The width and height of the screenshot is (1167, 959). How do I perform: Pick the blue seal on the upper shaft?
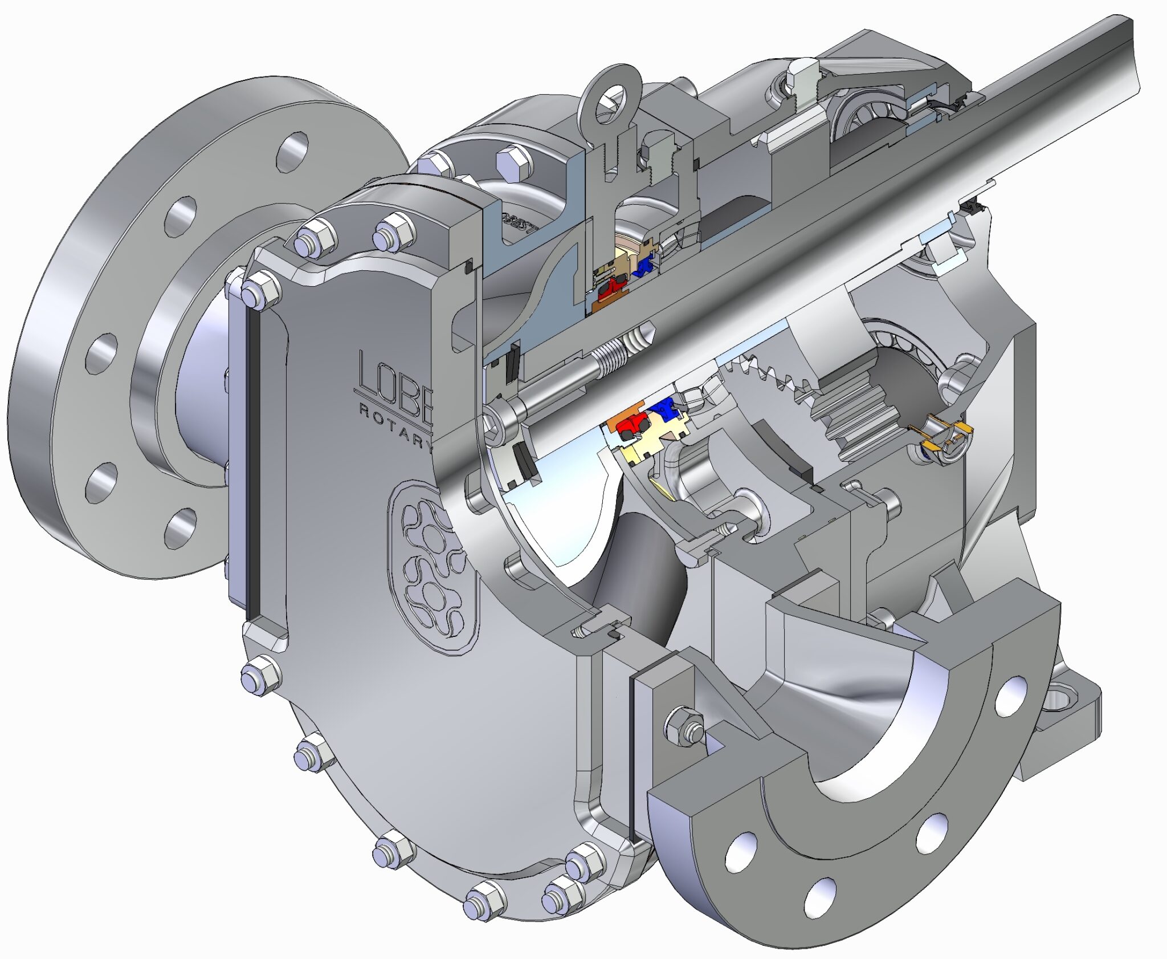(x=645, y=266)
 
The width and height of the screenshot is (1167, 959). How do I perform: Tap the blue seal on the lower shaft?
(x=664, y=408)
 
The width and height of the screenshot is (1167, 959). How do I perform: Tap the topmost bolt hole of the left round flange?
(x=293, y=152)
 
